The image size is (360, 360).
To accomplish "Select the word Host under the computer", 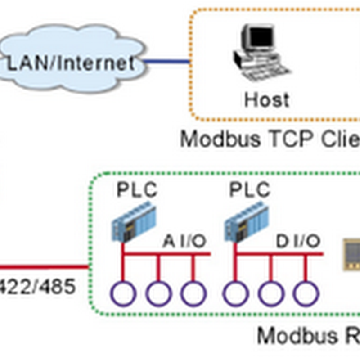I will pyautogui.click(x=266, y=99).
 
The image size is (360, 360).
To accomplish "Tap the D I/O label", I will pyautogui.click(x=298, y=242).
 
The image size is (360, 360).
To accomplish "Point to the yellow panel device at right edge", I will pyautogui.click(x=352, y=255).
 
